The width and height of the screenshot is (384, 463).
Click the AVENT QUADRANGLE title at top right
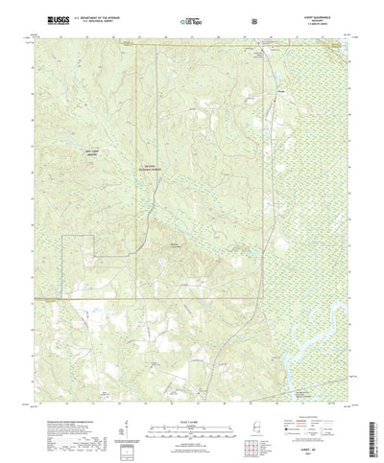coord(323,15)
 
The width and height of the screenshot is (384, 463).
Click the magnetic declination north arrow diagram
coord(122,411)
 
